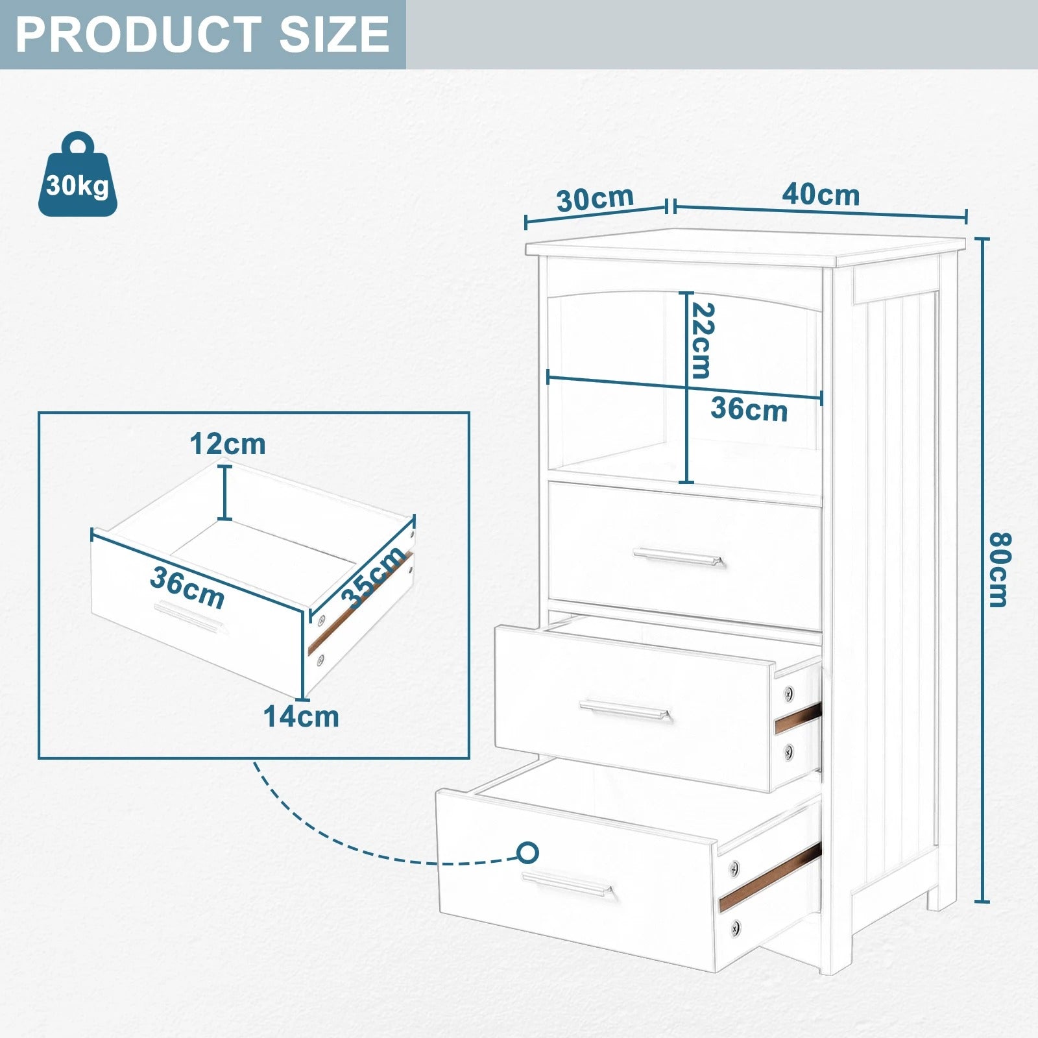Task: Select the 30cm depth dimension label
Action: [x=595, y=199]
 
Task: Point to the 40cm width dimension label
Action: [x=821, y=194]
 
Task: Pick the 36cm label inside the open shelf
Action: [x=749, y=409]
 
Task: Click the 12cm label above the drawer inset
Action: [x=228, y=444]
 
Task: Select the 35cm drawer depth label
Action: [x=372, y=578]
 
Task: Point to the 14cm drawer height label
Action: [x=301, y=717]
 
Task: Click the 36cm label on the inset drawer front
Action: [x=187, y=588]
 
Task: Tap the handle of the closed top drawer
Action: [x=679, y=557]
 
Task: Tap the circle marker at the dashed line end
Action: [x=528, y=852]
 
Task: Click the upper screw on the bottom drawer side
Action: [x=734, y=866]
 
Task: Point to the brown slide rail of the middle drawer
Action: [x=798, y=718]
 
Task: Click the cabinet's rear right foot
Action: [x=941, y=896]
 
